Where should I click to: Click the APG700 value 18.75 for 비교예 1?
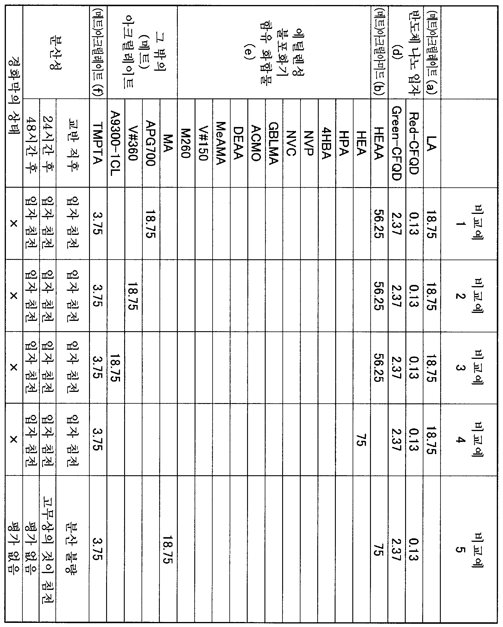point(151,223)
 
